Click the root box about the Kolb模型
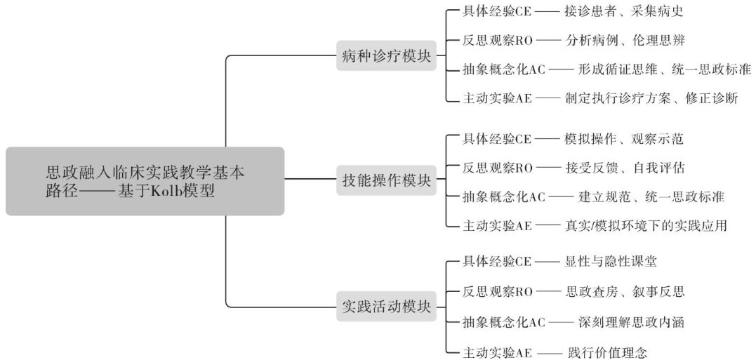(x=145, y=181)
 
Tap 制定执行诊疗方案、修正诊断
(x=651, y=98)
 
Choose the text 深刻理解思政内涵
(x=630, y=322)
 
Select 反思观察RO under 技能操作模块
(x=498, y=168)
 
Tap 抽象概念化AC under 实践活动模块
(x=503, y=322)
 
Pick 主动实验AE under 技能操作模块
(x=498, y=225)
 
